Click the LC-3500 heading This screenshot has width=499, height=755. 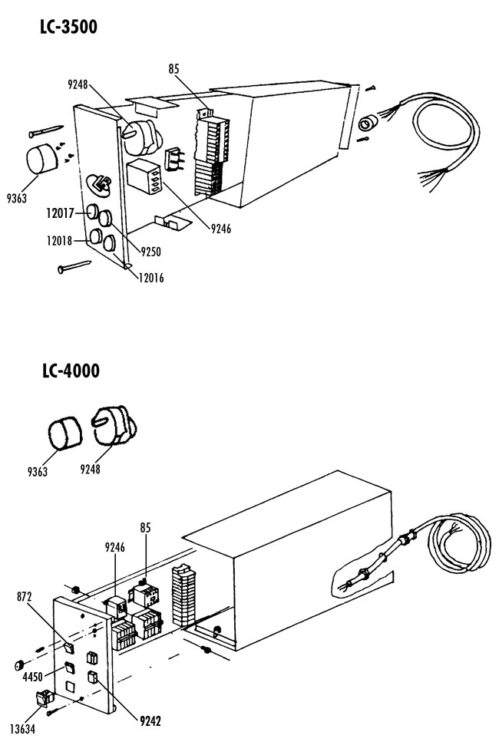(x=69, y=27)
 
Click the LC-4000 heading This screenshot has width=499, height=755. (x=71, y=371)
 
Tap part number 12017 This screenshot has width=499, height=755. (x=60, y=213)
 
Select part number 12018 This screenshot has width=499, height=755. (x=59, y=240)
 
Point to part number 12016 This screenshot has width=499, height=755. (x=150, y=277)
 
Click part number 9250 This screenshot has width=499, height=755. (x=150, y=252)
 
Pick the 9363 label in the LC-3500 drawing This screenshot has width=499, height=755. (x=17, y=198)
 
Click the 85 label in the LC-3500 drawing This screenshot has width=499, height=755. (x=173, y=69)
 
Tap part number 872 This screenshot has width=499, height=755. (x=24, y=597)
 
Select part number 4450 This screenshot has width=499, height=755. (x=33, y=677)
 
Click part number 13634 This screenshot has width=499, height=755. (x=22, y=729)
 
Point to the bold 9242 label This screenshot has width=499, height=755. (x=150, y=720)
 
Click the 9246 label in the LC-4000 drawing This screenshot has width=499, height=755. (x=114, y=548)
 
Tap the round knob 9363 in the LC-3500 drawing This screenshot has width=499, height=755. (x=42, y=160)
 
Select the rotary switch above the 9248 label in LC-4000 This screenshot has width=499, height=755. (x=114, y=426)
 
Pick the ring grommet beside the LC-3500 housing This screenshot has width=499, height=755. (x=368, y=125)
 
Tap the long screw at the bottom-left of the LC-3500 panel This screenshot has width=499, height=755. (x=74, y=267)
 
